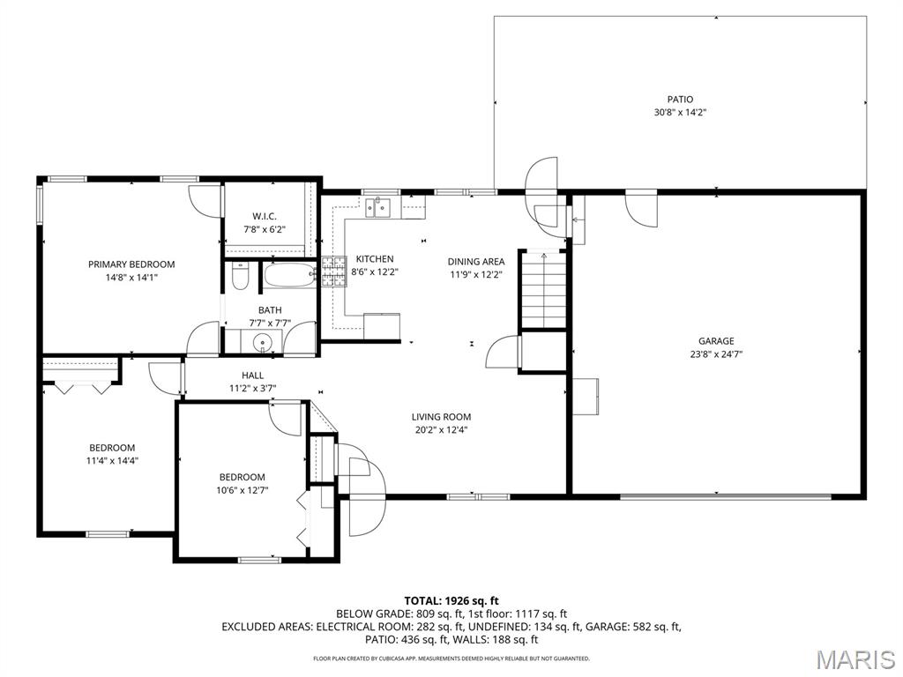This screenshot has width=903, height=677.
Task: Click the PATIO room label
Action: [680, 100]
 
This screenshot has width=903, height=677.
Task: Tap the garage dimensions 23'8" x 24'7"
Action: [716, 354]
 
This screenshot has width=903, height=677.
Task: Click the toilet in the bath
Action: [240, 276]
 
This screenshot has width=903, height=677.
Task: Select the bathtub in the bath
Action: [290, 275]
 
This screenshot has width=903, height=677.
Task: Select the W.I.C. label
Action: [265, 217]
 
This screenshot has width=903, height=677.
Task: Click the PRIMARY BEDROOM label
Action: [131, 264]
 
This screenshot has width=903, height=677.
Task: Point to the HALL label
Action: [253, 376]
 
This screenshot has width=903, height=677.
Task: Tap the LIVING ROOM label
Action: [441, 417]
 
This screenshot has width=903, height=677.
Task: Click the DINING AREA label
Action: [476, 262]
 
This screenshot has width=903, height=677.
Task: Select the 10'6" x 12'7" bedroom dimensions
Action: [242, 490]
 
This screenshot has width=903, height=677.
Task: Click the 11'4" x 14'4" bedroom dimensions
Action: [112, 460]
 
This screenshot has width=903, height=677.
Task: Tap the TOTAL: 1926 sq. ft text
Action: [451, 601]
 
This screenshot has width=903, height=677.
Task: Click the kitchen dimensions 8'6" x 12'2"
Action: [375, 272]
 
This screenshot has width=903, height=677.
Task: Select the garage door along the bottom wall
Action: [726, 496]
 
